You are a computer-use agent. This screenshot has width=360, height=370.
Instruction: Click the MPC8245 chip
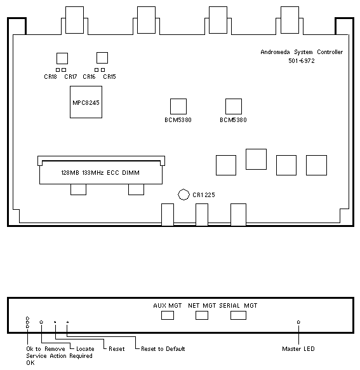point(86,102)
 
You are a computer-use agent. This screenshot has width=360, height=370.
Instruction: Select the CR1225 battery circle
point(183,195)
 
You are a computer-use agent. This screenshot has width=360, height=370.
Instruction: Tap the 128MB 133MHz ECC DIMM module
point(101,172)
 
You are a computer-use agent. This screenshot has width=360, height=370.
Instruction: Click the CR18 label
point(50,77)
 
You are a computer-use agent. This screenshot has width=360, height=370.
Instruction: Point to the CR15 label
point(110,77)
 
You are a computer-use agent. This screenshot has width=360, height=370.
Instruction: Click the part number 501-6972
point(302,61)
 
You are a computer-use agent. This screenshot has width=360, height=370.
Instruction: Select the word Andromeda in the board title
point(275,52)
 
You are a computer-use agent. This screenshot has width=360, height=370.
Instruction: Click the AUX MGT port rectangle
point(168,315)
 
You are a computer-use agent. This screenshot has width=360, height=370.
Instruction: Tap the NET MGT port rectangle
point(202,315)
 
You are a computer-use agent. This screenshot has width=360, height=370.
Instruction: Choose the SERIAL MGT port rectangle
point(239,315)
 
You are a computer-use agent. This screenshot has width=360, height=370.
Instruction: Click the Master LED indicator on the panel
point(298,322)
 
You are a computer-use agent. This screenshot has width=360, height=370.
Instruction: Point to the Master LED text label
point(298,349)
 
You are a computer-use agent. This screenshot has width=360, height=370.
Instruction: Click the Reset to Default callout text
point(163,349)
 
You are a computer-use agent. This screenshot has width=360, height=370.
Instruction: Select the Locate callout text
point(85,349)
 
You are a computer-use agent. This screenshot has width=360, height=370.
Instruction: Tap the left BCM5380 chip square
point(178,106)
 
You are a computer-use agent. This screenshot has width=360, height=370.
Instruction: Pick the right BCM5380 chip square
point(234,106)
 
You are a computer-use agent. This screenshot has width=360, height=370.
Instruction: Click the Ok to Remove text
point(46,349)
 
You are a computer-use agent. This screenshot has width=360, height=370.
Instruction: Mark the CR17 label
point(70,77)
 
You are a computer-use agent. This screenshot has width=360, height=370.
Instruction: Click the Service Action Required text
point(59,356)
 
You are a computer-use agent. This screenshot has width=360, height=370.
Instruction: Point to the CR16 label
point(89,77)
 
